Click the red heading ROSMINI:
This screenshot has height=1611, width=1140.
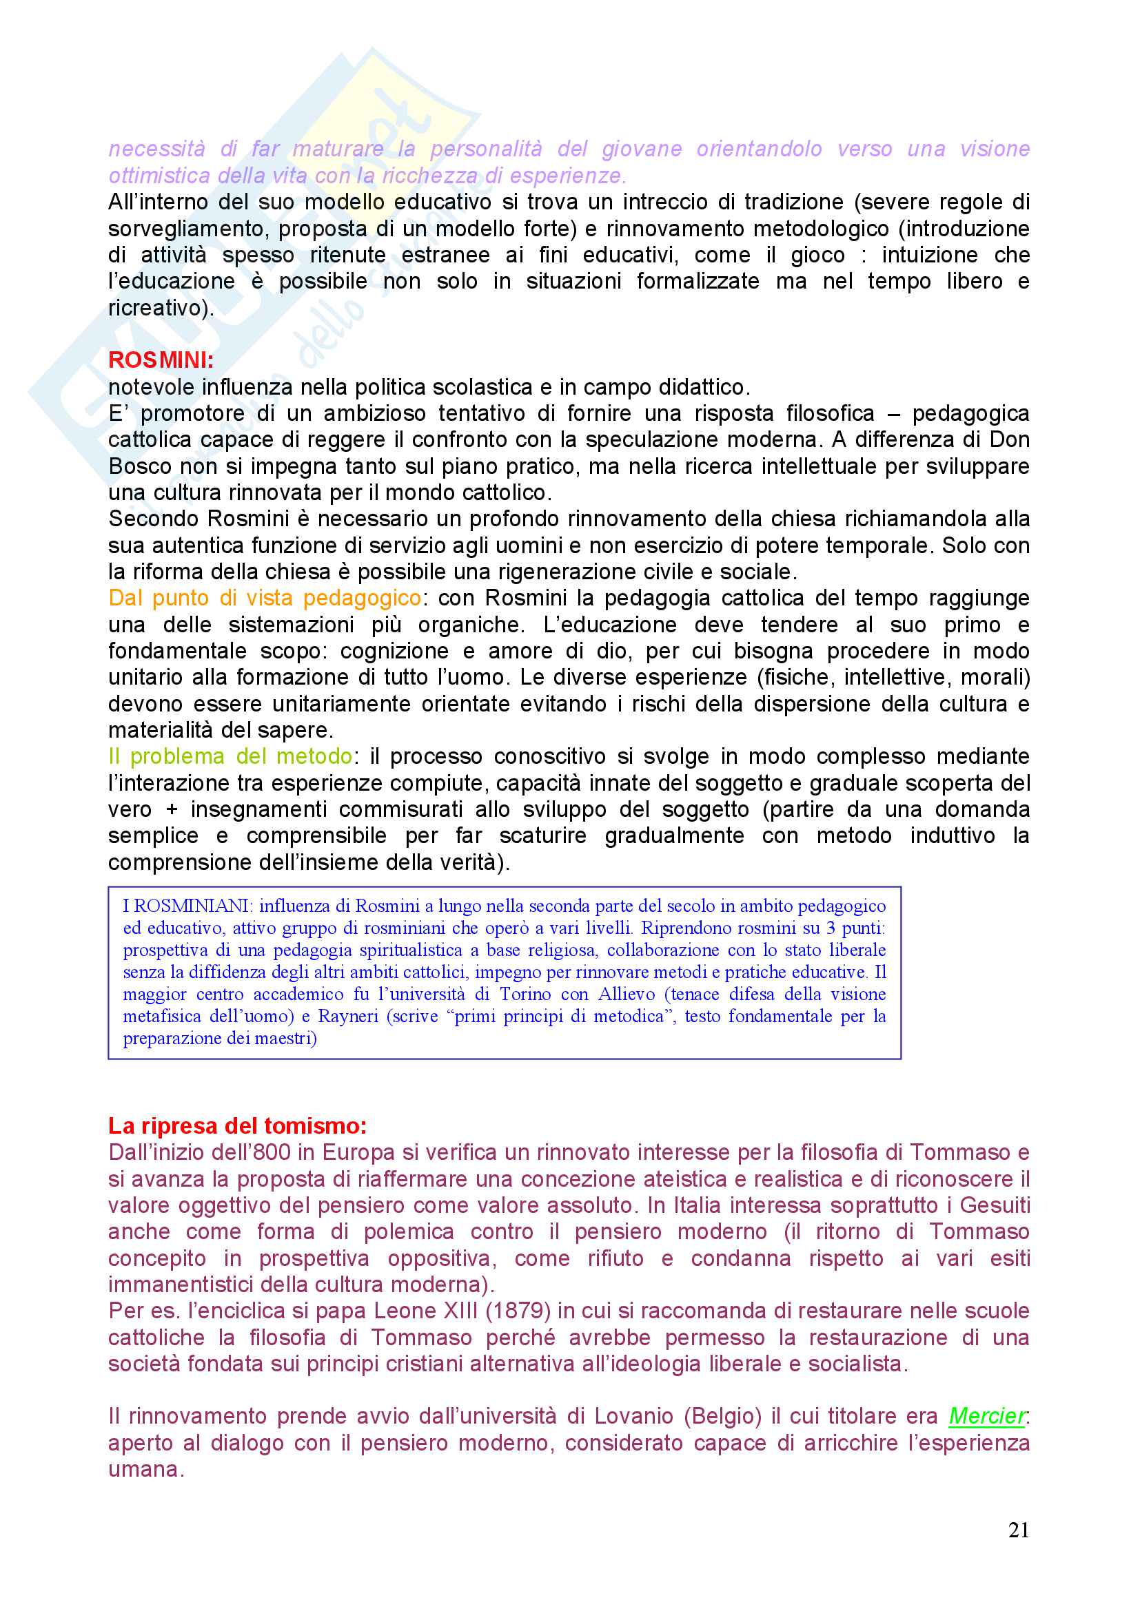(161, 360)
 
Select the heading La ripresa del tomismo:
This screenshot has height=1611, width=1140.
(237, 1125)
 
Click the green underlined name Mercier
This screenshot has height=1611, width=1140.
(986, 1416)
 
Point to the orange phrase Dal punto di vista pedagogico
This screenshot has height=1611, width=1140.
(265, 598)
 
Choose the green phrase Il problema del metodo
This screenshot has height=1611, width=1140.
(230, 756)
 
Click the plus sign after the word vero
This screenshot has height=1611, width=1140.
(172, 810)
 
